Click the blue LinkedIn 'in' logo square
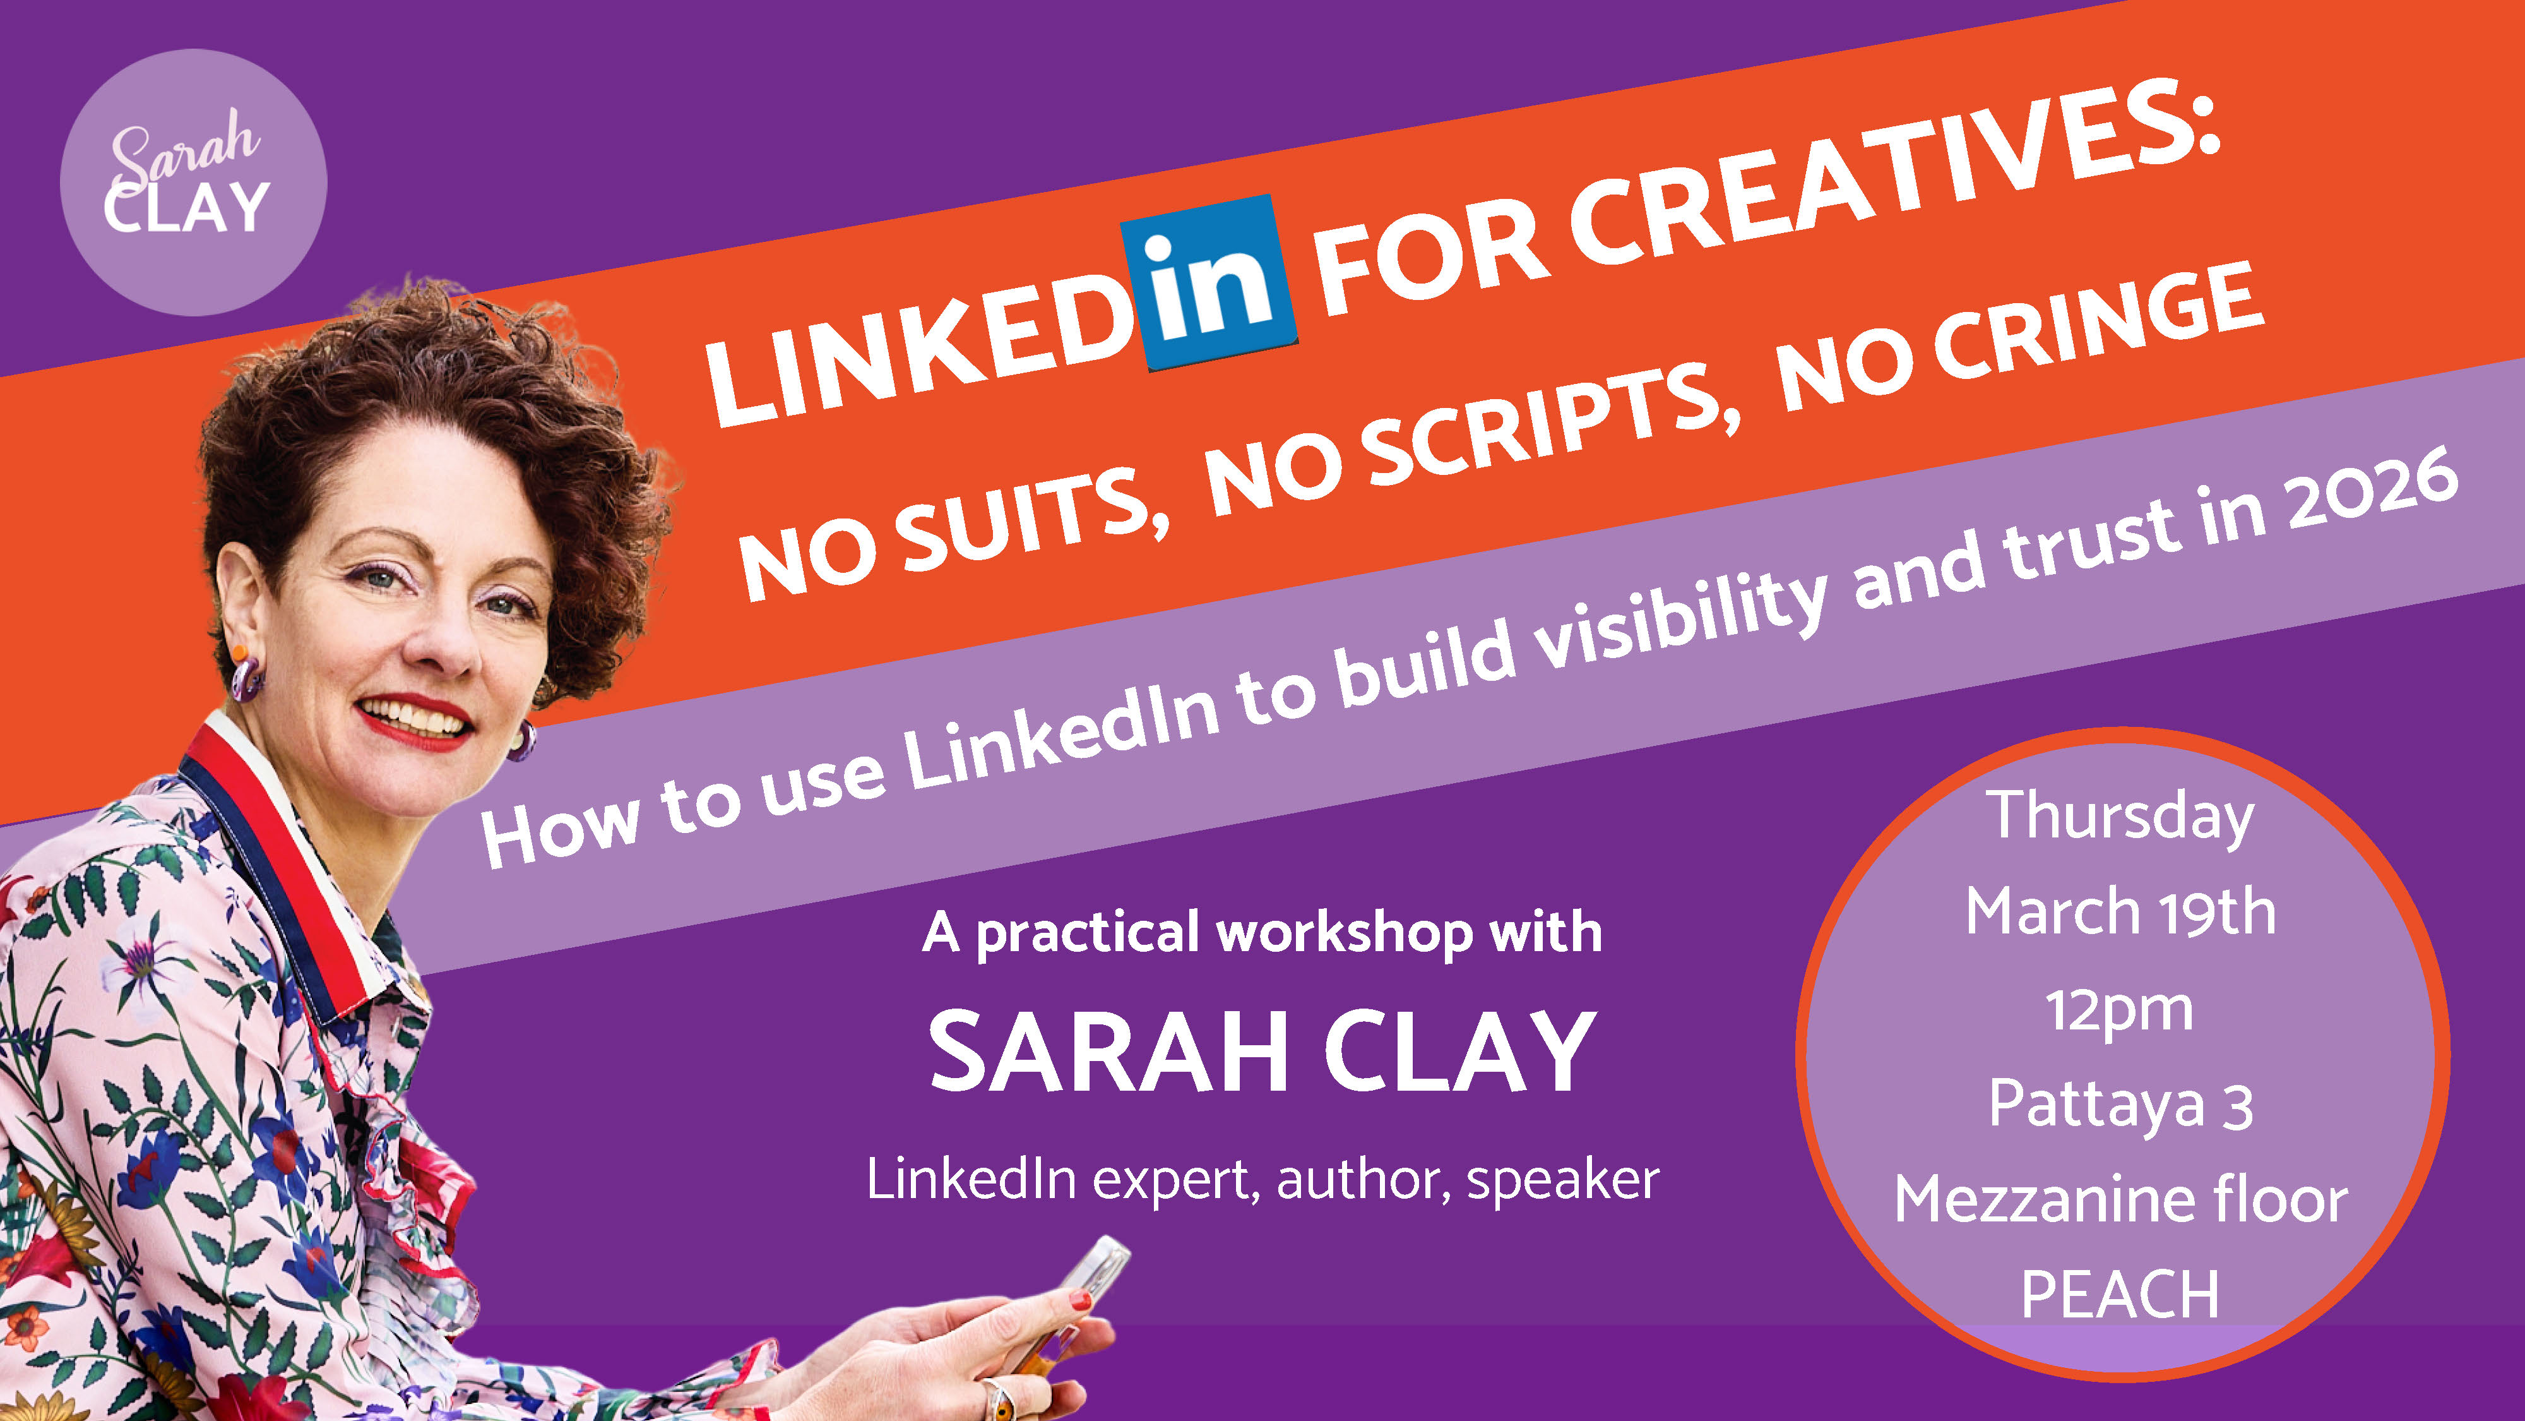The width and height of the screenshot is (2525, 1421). tap(1209, 282)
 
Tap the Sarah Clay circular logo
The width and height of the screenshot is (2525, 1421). tap(193, 183)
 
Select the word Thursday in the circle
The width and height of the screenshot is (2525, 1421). tap(2120, 820)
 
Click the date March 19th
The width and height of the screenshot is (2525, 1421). tap(2120, 912)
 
